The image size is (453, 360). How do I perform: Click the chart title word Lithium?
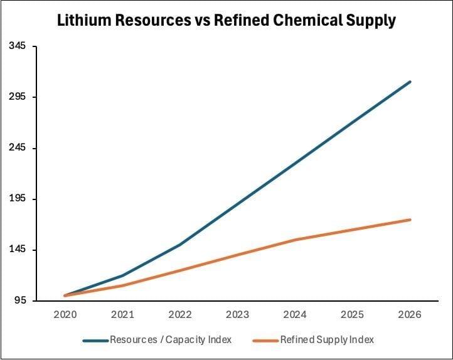click(82, 21)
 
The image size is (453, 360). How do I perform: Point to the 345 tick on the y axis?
click(18, 46)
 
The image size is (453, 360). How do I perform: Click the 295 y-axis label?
click(18, 97)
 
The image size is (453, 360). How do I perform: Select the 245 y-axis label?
click(18, 148)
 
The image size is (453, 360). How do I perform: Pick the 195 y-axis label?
click(18, 199)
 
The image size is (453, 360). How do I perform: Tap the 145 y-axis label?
click(18, 250)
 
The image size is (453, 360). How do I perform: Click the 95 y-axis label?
click(21, 300)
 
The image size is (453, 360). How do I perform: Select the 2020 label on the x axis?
click(65, 314)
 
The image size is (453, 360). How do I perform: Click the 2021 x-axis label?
click(122, 314)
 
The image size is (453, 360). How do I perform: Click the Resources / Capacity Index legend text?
click(171, 340)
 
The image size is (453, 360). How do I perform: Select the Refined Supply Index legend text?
click(327, 340)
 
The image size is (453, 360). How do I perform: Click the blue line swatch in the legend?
click(95, 341)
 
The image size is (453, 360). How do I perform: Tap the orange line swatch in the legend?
click(265, 341)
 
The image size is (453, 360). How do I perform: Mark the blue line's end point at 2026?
click(410, 82)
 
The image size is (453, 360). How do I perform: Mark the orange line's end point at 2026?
click(410, 220)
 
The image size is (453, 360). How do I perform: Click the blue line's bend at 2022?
click(180, 245)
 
